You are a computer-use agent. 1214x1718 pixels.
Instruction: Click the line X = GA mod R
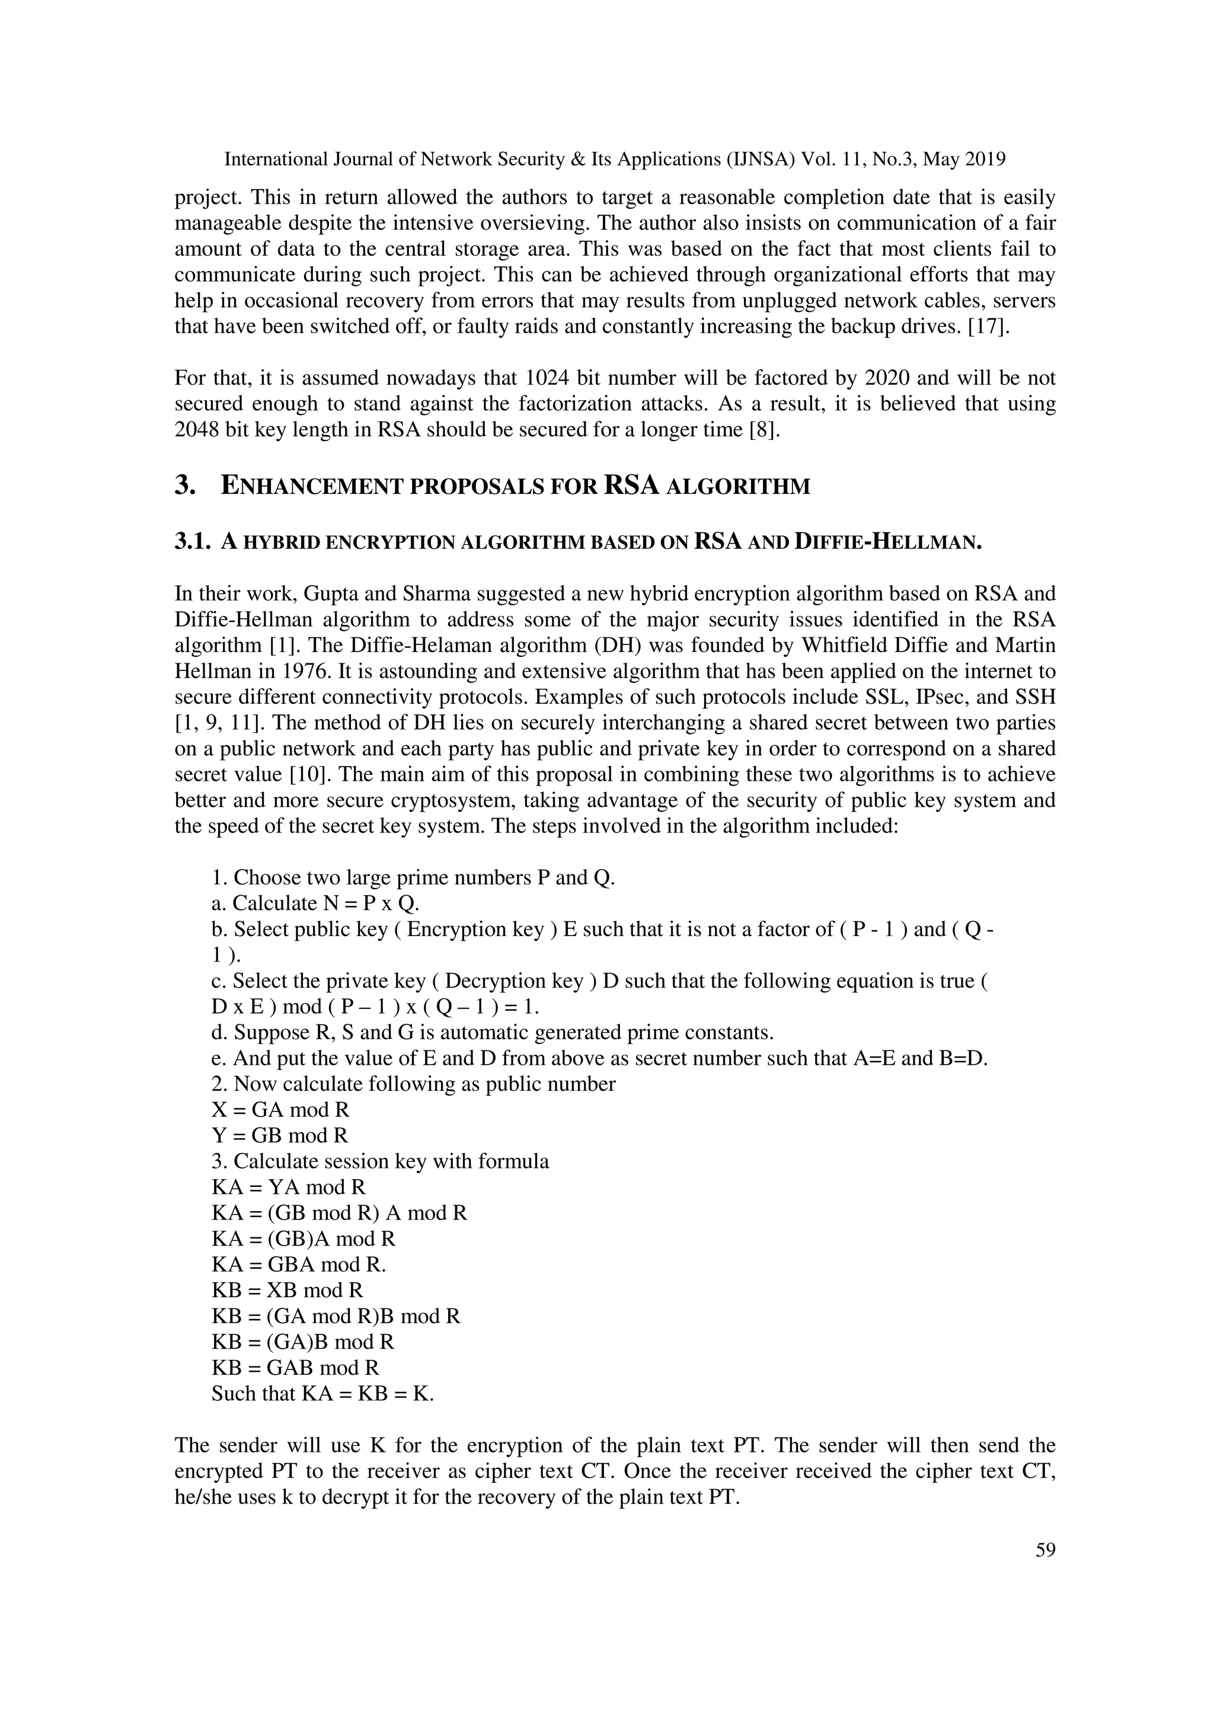[280, 1109]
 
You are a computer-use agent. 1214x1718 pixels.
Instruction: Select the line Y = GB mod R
[280, 1135]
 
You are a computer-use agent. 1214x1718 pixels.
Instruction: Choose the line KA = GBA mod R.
[298, 1264]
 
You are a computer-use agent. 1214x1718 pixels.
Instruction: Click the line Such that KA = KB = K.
[322, 1393]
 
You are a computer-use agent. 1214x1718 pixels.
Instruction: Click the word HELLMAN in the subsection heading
[931, 542]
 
